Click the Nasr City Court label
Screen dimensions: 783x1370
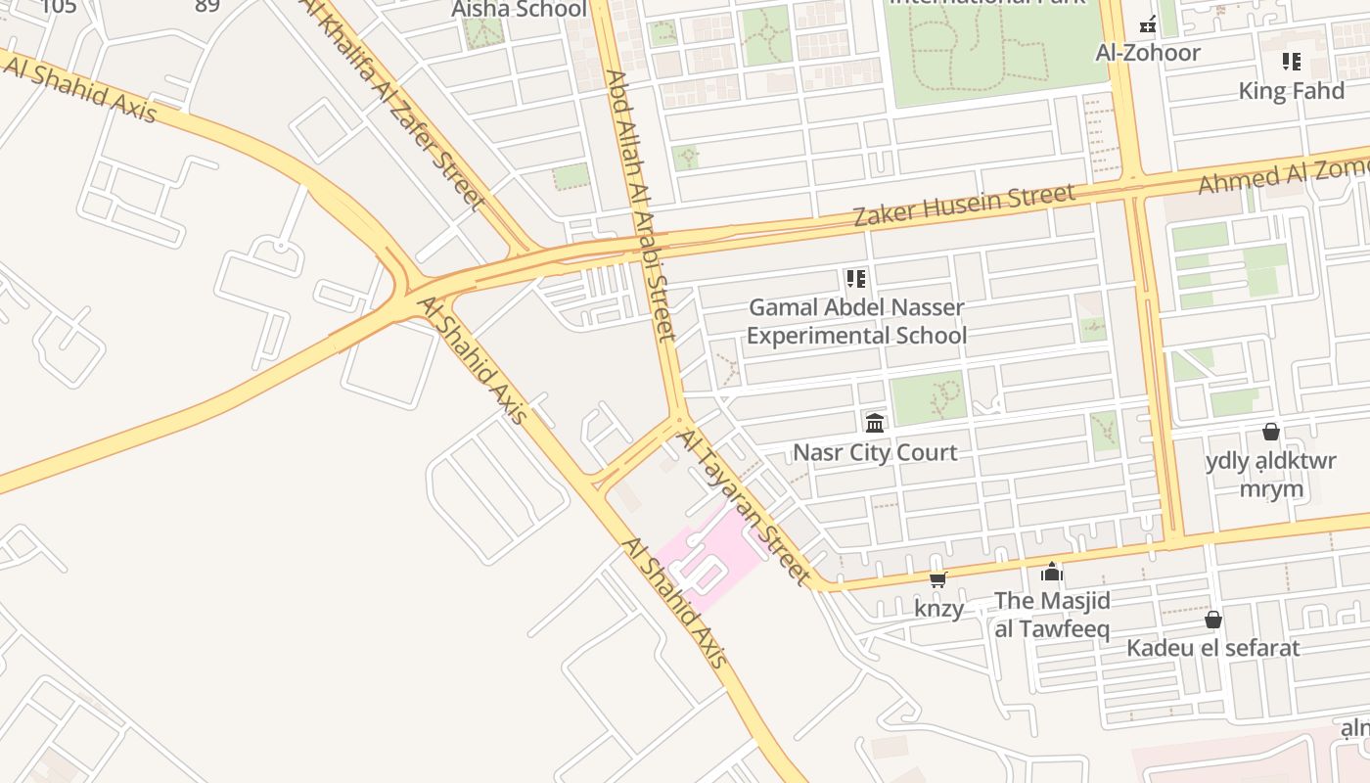click(x=875, y=452)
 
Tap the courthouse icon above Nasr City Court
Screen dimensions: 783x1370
click(x=875, y=423)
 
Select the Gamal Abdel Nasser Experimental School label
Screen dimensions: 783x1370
click(x=856, y=321)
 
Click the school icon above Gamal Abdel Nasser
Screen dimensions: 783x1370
click(x=856, y=279)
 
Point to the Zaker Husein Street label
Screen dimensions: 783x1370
click(x=964, y=205)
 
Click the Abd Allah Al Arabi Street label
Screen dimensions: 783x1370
click(x=641, y=206)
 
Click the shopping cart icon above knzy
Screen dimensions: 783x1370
click(x=937, y=579)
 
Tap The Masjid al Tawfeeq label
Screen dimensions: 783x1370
click(x=1052, y=615)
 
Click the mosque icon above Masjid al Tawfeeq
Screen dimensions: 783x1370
click(x=1052, y=571)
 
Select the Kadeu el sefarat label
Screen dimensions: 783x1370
click(x=1212, y=648)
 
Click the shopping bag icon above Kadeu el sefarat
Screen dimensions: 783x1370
click(x=1212, y=620)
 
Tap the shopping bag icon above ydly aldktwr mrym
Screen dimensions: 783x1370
click(x=1270, y=431)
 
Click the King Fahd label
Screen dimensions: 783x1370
click(x=1291, y=91)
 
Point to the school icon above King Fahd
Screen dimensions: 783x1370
click(x=1291, y=62)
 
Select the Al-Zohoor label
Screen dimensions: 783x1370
click(x=1147, y=53)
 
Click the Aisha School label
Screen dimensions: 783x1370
click(x=519, y=10)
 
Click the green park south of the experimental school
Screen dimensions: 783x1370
click(x=928, y=398)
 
